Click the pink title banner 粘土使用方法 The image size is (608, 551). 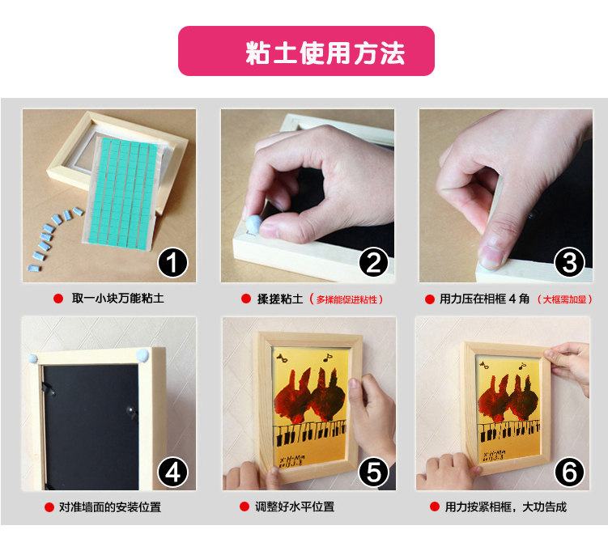[x=306, y=51]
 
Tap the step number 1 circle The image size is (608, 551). [x=172, y=262]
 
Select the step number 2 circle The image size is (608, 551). [x=373, y=262]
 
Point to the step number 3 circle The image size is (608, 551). [x=569, y=262]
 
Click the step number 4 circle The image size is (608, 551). [x=172, y=473]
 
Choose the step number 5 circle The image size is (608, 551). [x=373, y=473]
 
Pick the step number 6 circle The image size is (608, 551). [x=569, y=473]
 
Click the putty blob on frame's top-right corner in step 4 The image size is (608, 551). [x=142, y=354]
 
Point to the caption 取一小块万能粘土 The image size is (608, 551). [x=118, y=299]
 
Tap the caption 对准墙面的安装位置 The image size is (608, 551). [x=110, y=506]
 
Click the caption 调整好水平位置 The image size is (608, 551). [x=295, y=506]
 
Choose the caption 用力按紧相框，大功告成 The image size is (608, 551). [x=506, y=506]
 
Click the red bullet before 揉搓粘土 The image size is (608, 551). [x=246, y=299]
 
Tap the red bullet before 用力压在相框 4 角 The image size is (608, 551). [x=430, y=299]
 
